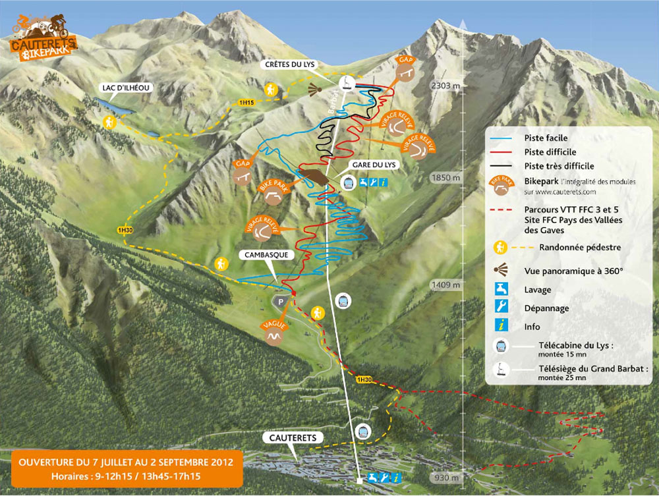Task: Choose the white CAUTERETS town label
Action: pos(293,438)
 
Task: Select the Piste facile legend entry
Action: pos(546,138)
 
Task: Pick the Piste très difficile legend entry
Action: pos(559,166)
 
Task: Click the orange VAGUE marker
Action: pos(272,335)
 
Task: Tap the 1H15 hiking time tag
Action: pos(245,103)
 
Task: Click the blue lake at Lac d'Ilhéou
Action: pos(109,105)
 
